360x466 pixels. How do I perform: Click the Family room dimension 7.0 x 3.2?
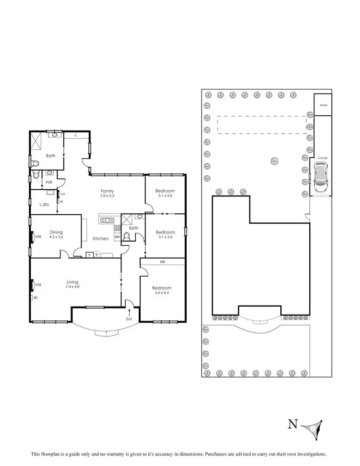coord(107,196)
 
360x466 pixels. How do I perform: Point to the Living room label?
coord(72,282)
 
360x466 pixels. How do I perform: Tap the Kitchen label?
coord(101,239)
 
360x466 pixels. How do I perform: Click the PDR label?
coord(48,182)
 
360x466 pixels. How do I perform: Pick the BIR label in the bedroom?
coord(164,262)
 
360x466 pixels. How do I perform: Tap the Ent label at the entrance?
coord(129,319)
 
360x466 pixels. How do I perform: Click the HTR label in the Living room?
coord(38,285)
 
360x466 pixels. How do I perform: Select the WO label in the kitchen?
coord(117,237)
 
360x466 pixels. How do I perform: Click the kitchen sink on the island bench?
coord(105,220)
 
